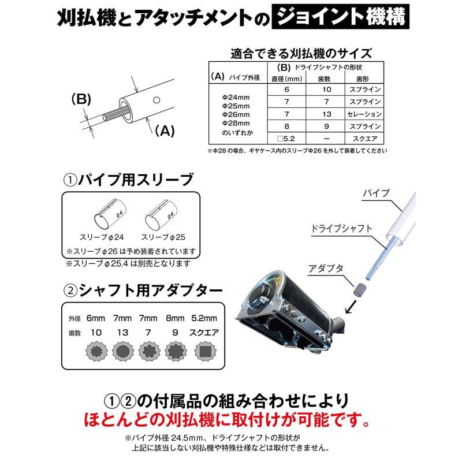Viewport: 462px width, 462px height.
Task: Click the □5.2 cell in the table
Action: click(x=286, y=139)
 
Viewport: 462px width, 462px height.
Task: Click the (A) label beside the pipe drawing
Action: click(x=165, y=131)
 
